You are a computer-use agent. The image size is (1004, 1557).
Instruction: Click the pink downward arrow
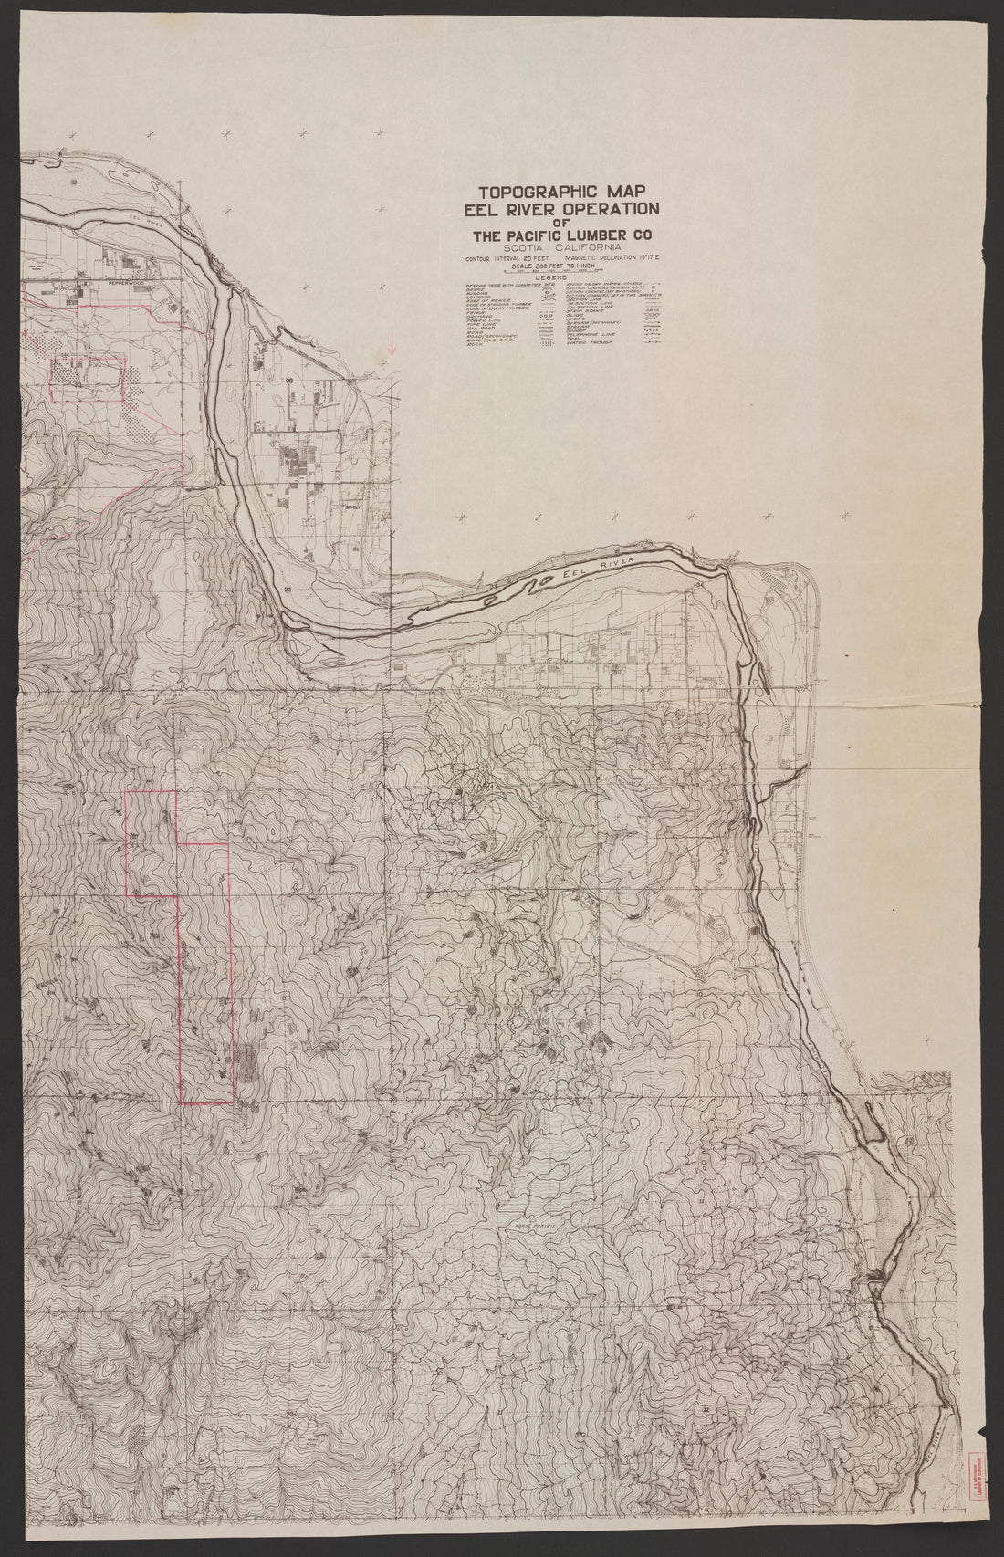(392, 345)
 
